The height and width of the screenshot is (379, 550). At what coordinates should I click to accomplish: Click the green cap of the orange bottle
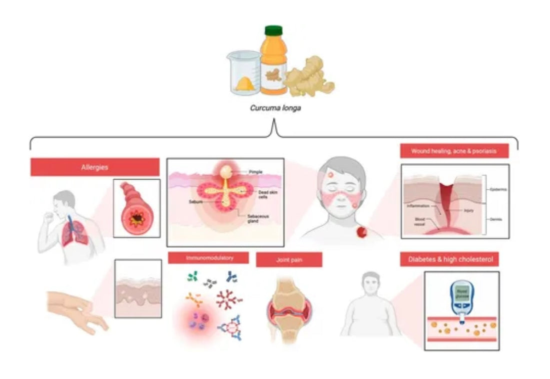click(273, 31)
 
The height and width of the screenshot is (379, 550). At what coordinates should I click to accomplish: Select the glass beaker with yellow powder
click(244, 73)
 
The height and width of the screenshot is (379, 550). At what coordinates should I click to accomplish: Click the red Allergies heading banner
click(95, 167)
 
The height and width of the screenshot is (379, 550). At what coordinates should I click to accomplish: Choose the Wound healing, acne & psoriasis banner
click(454, 151)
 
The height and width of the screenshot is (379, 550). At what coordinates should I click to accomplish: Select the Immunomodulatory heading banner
click(208, 258)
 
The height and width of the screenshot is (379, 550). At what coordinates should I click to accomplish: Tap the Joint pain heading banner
click(289, 260)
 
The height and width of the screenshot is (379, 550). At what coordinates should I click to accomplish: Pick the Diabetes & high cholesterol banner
click(449, 259)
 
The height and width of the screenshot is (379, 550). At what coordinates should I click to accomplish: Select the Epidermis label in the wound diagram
click(496, 189)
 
